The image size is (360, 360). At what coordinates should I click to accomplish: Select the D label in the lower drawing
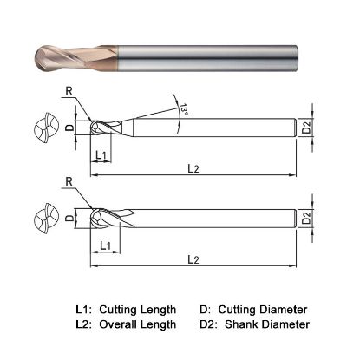coord(69,218)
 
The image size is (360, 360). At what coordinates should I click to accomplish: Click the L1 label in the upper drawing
coord(100,155)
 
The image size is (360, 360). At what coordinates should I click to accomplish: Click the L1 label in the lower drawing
coord(104,245)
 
